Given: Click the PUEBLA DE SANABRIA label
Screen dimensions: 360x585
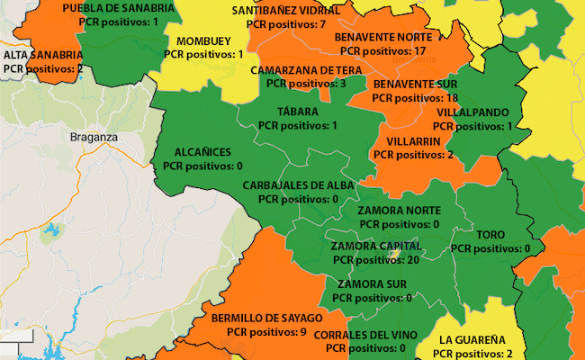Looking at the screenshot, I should tap(118, 7).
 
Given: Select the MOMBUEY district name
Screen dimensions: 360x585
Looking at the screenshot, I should tap(203, 41).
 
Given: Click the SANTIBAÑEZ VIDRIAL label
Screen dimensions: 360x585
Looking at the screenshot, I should tap(278, 11).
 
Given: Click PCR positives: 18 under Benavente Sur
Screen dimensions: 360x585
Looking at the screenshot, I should tap(416, 97).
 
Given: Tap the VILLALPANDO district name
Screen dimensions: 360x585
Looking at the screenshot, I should tap(473, 112).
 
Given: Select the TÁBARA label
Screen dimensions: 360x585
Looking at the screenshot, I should tap(298, 112).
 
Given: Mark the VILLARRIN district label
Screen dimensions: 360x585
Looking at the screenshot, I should tap(412, 141).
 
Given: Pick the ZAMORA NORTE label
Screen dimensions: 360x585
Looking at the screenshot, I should tap(399, 211).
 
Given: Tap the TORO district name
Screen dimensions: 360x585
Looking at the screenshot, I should tap(490, 235).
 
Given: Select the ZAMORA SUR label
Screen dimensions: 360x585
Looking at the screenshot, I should tap(372, 284).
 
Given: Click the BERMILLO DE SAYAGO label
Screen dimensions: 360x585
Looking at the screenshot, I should tap(266, 319).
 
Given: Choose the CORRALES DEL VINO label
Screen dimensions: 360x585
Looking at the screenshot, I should tap(365, 334).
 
